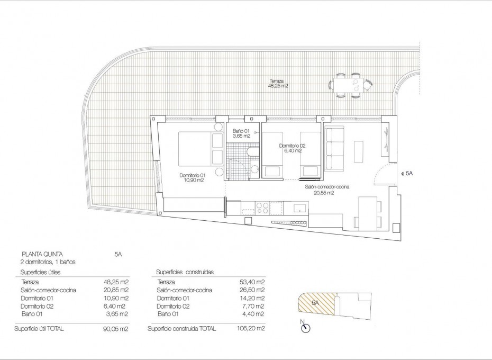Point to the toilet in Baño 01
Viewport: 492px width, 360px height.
pyautogui.click(x=253, y=154)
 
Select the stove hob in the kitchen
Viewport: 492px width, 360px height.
pyautogui.click(x=260, y=207)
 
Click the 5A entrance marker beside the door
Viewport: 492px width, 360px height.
pyautogui.click(x=408, y=173)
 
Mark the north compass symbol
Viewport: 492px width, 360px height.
pyautogui.click(x=305, y=328)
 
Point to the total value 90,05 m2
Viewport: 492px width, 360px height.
pyautogui.click(x=115, y=328)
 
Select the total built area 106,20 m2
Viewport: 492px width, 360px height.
pyautogui.click(x=252, y=328)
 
